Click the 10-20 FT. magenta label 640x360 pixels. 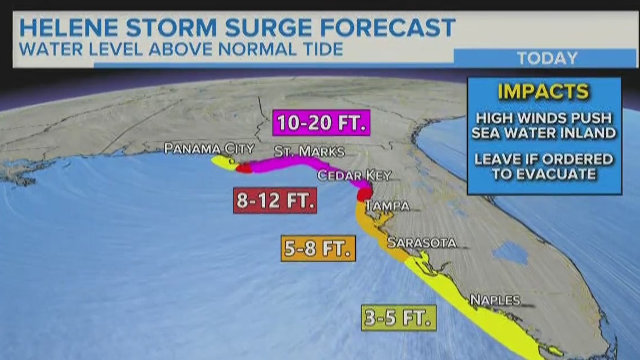click(322, 122)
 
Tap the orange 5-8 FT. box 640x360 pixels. click(318, 248)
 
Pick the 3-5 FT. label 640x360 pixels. click(399, 318)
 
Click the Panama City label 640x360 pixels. click(209, 149)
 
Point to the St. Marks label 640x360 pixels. click(309, 152)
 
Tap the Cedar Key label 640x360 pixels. click(354, 175)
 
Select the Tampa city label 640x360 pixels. click(387, 206)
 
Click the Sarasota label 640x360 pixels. click(421, 243)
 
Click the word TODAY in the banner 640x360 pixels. click(547, 58)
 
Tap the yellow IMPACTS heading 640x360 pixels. click(543, 91)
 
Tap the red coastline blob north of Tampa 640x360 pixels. click(363, 194)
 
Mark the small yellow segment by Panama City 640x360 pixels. click(222, 162)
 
